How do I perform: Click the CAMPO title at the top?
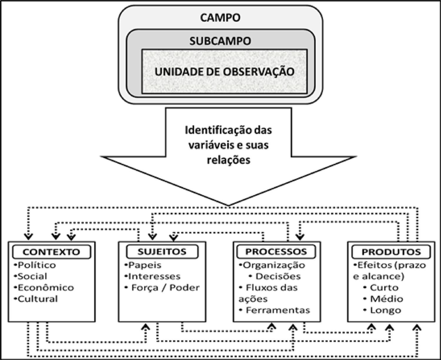tap(220, 18)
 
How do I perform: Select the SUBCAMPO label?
tap(220, 41)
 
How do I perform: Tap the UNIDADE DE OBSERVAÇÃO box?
tap(224, 72)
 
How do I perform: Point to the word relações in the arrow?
tap(228, 160)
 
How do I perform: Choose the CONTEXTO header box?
tap(51, 252)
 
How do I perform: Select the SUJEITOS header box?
tap(162, 252)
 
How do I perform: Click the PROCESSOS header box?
tap(276, 252)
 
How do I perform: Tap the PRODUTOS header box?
tap(391, 252)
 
